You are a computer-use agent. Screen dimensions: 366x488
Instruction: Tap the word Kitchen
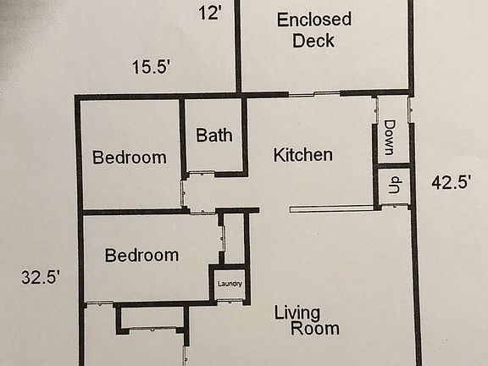point(302,155)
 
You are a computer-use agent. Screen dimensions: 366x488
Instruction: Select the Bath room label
point(214,135)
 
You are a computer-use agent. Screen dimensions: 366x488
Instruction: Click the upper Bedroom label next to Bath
point(129,157)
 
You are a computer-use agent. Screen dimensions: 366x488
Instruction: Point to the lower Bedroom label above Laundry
point(141,255)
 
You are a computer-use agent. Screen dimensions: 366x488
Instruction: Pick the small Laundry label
point(230,284)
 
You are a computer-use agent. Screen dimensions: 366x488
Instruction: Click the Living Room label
point(307,320)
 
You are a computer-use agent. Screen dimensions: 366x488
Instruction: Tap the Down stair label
point(390,137)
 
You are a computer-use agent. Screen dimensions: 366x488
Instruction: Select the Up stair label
point(393,186)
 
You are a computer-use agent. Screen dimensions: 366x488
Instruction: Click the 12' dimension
point(210,13)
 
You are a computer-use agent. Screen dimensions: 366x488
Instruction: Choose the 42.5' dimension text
point(452,181)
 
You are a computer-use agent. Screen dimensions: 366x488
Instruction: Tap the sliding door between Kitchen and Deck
point(314,94)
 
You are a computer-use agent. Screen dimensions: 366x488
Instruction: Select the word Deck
point(313,41)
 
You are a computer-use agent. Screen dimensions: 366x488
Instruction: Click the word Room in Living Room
point(315,329)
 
